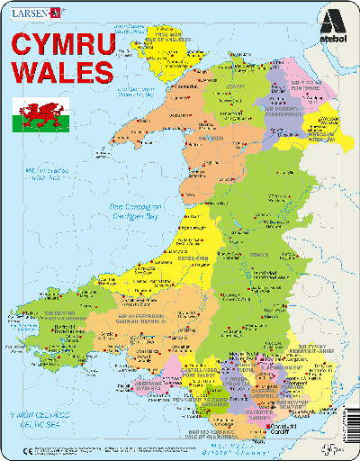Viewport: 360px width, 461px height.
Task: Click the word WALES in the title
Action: pos(62,71)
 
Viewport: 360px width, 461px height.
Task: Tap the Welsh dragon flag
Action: pos(35,115)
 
